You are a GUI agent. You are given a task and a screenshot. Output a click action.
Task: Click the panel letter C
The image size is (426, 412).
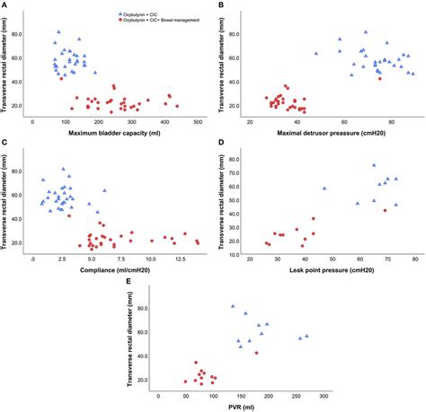click(5, 143)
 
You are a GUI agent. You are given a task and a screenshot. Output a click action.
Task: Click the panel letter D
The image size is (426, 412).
click(221, 143)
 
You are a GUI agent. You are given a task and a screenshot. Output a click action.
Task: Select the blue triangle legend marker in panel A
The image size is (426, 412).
click(121, 15)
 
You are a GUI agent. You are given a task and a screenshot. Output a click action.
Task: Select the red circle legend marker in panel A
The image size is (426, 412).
click(121, 22)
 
